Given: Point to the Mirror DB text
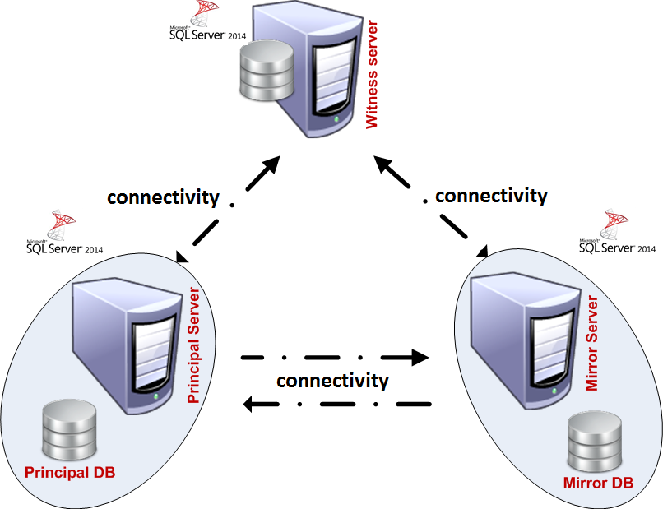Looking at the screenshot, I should (598, 483).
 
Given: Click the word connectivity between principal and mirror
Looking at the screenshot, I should (332, 381).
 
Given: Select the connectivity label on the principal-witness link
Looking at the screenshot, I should (163, 197).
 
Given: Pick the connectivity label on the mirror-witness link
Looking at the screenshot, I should (490, 195).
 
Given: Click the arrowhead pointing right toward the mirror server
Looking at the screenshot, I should (420, 357).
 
